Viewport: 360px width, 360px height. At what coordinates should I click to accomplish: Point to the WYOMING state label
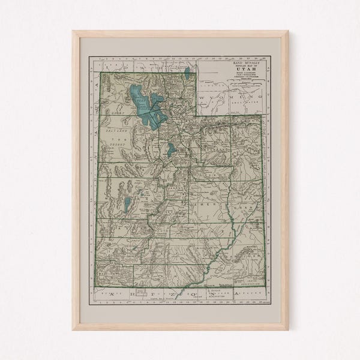pyautogui.click(x=231, y=97)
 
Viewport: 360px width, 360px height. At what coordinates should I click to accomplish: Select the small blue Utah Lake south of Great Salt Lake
pyautogui.click(x=171, y=149)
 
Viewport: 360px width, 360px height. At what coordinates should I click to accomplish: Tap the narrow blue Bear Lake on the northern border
pyautogui.click(x=187, y=74)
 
